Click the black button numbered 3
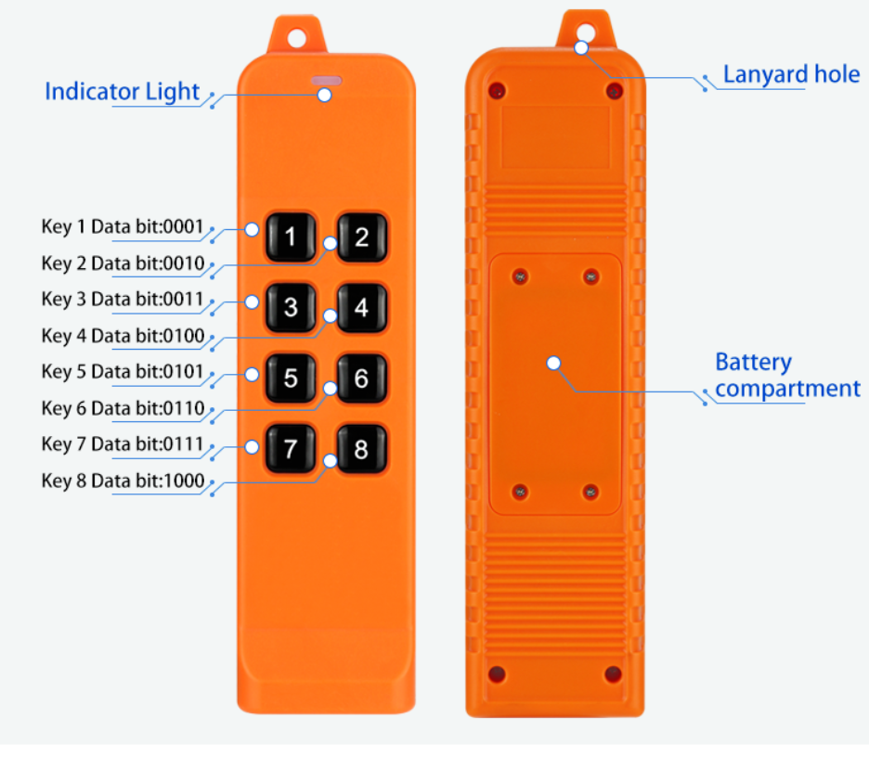291,307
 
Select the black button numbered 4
361,307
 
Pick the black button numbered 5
291,378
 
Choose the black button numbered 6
361,378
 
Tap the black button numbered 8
361,450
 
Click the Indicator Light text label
122,91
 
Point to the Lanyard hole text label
791,74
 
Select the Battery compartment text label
787,376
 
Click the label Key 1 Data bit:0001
122,226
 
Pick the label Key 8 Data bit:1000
122,481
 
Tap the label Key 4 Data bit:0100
122,335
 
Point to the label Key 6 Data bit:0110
122,408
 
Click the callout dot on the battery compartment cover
553,363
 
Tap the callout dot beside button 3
252,302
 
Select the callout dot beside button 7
252,446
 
